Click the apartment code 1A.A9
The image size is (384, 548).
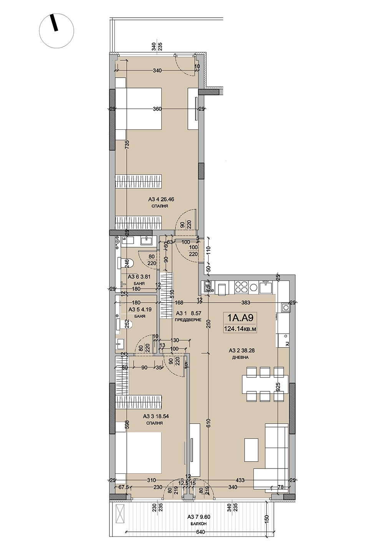(x=240, y=318)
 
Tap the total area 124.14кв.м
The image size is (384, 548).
(x=240, y=329)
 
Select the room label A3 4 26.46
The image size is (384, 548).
(x=161, y=199)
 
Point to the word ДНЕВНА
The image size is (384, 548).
(x=240, y=358)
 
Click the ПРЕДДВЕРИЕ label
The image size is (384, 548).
(x=188, y=320)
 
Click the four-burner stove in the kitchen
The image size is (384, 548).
(x=241, y=287)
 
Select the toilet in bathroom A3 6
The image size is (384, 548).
(x=126, y=263)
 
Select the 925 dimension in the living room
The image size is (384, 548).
(x=277, y=387)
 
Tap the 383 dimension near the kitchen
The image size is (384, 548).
(x=245, y=303)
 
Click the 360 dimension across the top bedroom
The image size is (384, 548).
(x=157, y=109)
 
